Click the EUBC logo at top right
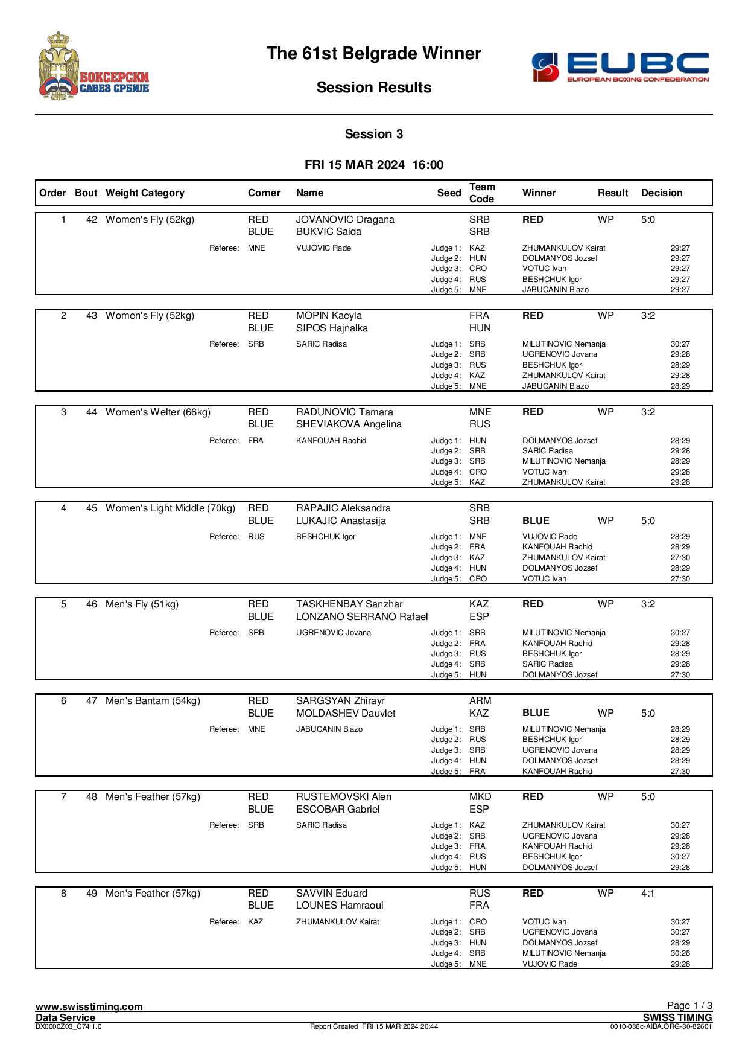(x=620, y=66)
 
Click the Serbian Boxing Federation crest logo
(x=93, y=66)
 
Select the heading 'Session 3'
(x=373, y=134)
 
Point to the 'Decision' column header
(x=662, y=193)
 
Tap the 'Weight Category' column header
(x=145, y=193)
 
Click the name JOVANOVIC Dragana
(x=345, y=220)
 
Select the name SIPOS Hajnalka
(x=332, y=328)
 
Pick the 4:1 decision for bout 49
(x=647, y=894)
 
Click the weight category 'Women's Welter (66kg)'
(x=158, y=412)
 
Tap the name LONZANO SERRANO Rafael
(x=362, y=617)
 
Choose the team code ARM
(x=480, y=701)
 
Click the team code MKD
(x=480, y=797)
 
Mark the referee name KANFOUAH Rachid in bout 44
(x=331, y=441)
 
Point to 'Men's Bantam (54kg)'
(x=153, y=701)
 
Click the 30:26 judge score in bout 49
(x=680, y=953)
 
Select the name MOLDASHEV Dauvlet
(x=346, y=714)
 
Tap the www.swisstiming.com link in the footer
(x=89, y=1006)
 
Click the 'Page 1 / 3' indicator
(x=689, y=1005)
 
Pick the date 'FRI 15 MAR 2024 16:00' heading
(x=374, y=165)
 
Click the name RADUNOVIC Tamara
(x=344, y=412)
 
